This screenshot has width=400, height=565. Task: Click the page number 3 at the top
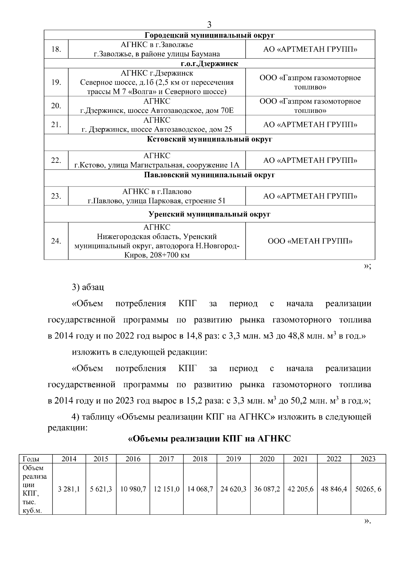click(209, 24)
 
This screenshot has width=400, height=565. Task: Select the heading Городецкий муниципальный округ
click(209, 35)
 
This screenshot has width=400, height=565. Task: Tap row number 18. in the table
click(56, 49)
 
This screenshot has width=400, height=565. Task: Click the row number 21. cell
click(56, 125)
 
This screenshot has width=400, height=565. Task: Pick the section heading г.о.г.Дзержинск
click(209, 64)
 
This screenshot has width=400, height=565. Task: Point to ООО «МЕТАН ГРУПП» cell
click(310, 241)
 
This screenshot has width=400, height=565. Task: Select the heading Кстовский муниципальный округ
click(209, 139)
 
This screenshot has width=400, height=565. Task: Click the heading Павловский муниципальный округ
click(209, 175)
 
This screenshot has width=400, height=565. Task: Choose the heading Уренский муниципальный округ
click(209, 214)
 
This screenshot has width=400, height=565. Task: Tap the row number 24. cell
click(56, 241)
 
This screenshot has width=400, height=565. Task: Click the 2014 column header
click(69, 459)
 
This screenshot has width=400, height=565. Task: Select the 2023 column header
click(368, 459)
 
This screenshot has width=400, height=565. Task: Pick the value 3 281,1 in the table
click(69, 489)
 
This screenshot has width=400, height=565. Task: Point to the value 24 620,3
click(233, 489)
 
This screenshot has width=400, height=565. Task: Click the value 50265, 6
click(368, 489)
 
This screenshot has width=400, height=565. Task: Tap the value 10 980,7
click(133, 489)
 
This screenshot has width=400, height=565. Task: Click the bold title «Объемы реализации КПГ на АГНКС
click(209, 439)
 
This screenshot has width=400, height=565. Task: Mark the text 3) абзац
click(88, 287)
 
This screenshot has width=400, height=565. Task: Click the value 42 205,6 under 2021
click(300, 489)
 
